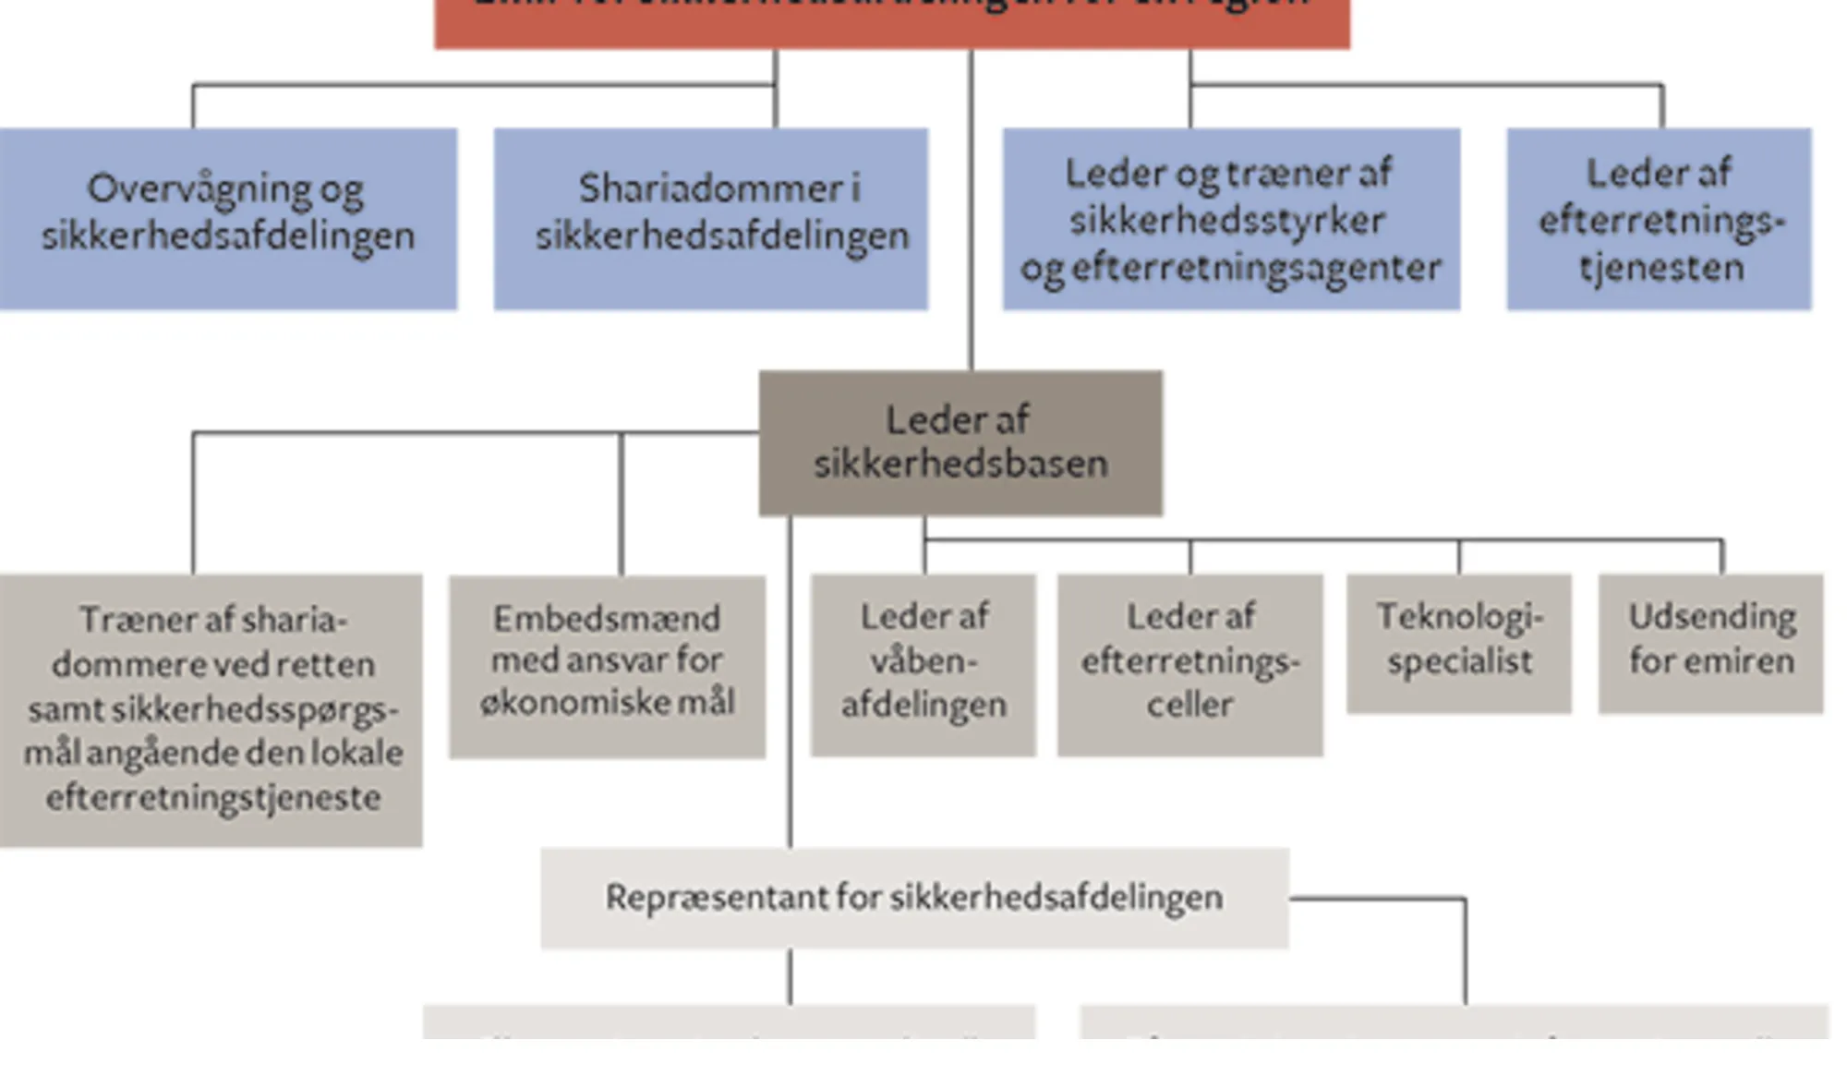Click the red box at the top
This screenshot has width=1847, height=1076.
tap(892, 22)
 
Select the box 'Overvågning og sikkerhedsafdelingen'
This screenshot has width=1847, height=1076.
tap(227, 219)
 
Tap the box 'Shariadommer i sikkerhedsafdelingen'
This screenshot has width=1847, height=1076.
tap(710, 219)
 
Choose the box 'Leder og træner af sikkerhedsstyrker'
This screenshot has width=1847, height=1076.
tap(1231, 219)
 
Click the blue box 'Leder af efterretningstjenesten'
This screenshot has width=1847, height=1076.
tap(1659, 219)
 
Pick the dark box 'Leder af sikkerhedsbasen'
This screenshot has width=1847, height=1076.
tap(960, 442)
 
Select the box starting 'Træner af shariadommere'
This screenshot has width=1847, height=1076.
tap(211, 709)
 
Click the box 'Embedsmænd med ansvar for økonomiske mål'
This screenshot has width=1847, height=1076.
tap(607, 666)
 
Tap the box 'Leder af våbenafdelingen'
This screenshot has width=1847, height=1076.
tap(923, 664)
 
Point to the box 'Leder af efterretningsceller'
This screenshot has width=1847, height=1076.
tap(1189, 664)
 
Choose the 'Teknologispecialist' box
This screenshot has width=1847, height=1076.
tap(1459, 643)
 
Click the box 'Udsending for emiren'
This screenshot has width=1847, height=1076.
tap(1711, 643)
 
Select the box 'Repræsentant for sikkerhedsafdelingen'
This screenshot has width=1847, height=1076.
tap(914, 898)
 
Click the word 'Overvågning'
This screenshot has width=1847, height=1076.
tap(199, 190)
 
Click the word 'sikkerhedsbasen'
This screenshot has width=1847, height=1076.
tap(960, 464)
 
